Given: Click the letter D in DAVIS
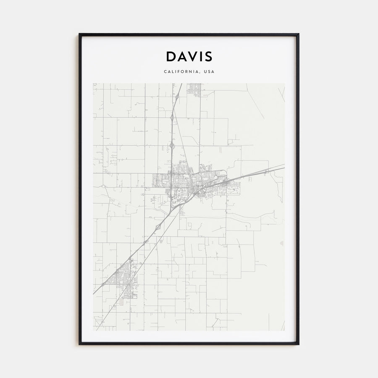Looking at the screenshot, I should (171, 57).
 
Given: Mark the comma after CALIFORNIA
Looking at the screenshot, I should (200, 73).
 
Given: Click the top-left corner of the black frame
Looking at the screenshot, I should (79, 34).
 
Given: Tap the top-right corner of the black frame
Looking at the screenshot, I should (298, 34).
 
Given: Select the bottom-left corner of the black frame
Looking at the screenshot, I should (79, 344).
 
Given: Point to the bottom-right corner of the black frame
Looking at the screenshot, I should (298, 344).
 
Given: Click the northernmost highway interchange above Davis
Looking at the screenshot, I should (177, 97).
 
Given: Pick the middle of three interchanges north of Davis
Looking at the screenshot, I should (172, 118).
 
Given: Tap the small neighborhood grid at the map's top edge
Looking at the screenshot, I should (194, 88).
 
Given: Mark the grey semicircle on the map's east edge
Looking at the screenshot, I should (282, 243).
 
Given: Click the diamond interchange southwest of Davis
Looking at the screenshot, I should (158, 227).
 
